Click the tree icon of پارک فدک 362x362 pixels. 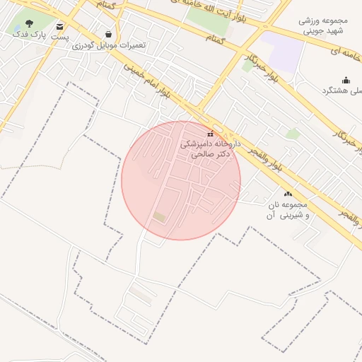(x=28, y=23)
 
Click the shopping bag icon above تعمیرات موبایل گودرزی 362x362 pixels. (x=107, y=33)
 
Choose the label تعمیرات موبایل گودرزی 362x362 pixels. (x=109, y=45)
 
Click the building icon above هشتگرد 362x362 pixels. (x=346, y=80)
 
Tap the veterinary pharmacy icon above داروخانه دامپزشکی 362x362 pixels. (x=210, y=133)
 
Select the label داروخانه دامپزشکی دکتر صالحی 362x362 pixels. (x=210, y=148)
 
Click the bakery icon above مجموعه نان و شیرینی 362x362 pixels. (x=288, y=193)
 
